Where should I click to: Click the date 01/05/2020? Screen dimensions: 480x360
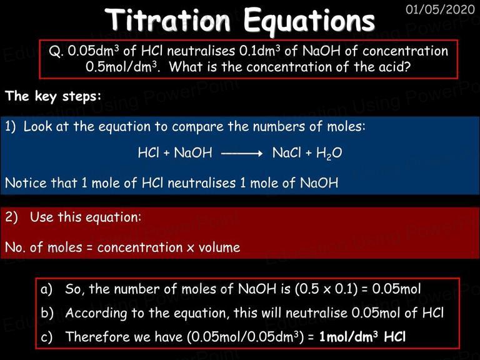[440, 9]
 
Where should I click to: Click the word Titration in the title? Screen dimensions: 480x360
[167, 20]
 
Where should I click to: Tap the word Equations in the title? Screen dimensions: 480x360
[309, 21]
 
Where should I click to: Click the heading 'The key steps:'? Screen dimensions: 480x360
[53, 96]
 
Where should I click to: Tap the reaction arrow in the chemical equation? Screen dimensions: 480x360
[242, 153]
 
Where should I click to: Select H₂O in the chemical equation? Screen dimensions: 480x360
[329, 153]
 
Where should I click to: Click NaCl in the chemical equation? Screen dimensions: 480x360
[286, 152]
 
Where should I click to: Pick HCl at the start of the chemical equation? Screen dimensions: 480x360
[149, 152]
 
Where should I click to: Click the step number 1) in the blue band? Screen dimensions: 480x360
[10, 127]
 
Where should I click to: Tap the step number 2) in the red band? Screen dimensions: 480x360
[12, 217]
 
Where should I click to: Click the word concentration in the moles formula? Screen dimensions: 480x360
[139, 247]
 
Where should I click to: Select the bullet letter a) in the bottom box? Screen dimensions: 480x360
[46, 289]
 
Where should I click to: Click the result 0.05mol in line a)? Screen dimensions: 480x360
[396, 289]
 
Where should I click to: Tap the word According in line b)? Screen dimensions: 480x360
[96, 313]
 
